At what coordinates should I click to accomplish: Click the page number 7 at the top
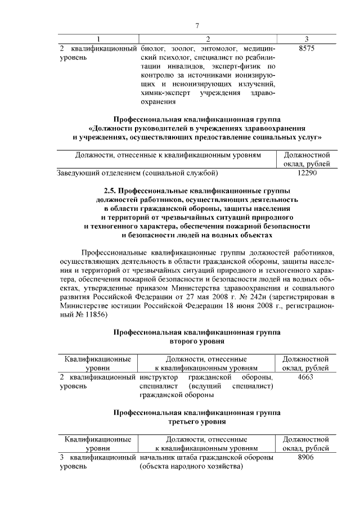pyautogui.click(x=197, y=26)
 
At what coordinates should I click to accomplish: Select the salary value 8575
pyautogui.click(x=307, y=49)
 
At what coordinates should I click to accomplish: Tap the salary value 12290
pyautogui.click(x=307, y=173)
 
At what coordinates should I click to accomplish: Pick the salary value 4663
pyautogui.click(x=307, y=377)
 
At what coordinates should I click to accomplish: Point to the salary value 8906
pyautogui.click(x=307, y=458)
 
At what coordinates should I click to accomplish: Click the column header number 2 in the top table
pyautogui.click(x=208, y=39)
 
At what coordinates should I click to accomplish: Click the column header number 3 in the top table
pyautogui.click(x=307, y=39)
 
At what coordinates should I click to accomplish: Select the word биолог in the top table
pyautogui.click(x=152, y=49)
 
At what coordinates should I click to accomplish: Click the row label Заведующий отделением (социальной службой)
pyautogui.click(x=138, y=173)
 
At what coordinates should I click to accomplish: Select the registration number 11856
pyautogui.click(x=90, y=315)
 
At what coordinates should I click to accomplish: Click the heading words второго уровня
pyautogui.click(x=197, y=341)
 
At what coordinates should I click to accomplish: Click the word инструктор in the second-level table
pyautogui.click(x=159, y=377)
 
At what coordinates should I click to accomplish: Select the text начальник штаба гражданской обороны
pyautogui.click(x=206, y=458)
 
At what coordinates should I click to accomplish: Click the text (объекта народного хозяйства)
pyautogui.click(x=191, y=467)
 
